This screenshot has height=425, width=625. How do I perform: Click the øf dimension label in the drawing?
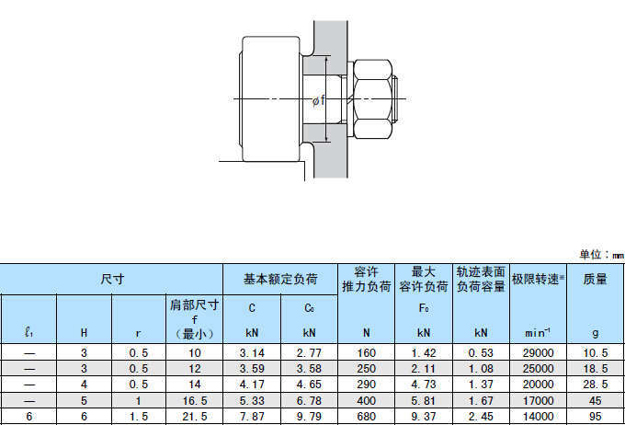319,100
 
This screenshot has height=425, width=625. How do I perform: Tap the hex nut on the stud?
372,99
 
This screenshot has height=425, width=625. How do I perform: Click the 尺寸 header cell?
112,279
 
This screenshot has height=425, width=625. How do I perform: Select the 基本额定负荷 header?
280,279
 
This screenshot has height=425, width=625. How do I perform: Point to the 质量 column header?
595,279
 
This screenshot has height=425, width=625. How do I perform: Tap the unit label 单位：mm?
601,255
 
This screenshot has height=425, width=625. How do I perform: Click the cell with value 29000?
538,353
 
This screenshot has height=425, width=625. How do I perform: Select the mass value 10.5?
596,353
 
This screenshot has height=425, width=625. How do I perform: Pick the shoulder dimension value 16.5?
195,401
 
